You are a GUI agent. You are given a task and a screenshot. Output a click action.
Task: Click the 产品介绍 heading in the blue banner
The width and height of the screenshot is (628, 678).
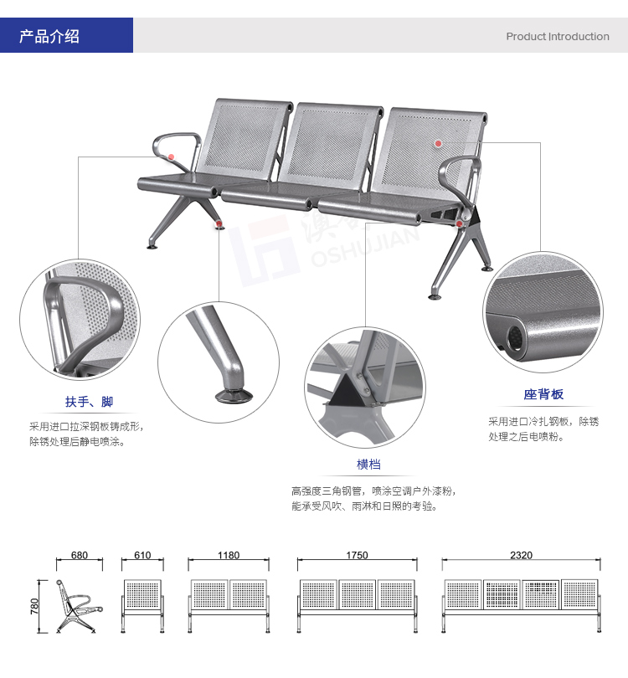coord(49,36)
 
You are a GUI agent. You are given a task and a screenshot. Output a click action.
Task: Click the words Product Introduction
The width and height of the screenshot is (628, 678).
coord(558,36)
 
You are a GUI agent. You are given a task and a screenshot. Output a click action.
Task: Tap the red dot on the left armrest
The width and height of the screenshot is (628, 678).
coord(172,157)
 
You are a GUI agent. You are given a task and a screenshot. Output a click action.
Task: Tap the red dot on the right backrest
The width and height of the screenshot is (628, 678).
coord(438,143)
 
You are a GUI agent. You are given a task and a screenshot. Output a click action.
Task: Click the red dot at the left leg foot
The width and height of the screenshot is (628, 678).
coord(219,223)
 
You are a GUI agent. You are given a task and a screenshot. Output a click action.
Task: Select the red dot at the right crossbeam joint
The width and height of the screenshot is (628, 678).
coord(459,223)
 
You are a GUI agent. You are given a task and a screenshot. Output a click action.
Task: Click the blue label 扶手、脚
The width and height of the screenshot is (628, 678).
coord(89,402)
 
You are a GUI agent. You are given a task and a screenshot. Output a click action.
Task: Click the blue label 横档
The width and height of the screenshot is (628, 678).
coord(368,465)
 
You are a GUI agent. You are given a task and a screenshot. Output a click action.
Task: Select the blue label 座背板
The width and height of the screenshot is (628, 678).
coord(543,394)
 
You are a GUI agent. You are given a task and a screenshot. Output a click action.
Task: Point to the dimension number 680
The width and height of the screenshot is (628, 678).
coord(80,555)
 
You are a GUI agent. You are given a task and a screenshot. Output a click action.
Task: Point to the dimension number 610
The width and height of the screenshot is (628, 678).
coord(142,555)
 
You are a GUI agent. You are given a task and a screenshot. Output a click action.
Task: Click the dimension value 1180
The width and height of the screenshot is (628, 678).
coord(229,555)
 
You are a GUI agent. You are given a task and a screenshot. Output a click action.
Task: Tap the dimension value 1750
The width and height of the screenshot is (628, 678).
coord(357,555)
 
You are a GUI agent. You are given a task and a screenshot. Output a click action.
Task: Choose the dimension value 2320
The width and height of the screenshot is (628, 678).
coord(521,555)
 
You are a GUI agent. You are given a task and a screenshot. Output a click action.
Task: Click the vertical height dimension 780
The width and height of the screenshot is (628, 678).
coord(34,606)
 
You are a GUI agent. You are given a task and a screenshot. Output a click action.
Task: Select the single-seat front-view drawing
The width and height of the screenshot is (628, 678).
coord(142,606)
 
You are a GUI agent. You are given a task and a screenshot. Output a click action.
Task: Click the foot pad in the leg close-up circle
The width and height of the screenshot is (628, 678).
coord(234,396)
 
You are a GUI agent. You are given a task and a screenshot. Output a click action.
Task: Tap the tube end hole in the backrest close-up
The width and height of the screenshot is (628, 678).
coord(515,336)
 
